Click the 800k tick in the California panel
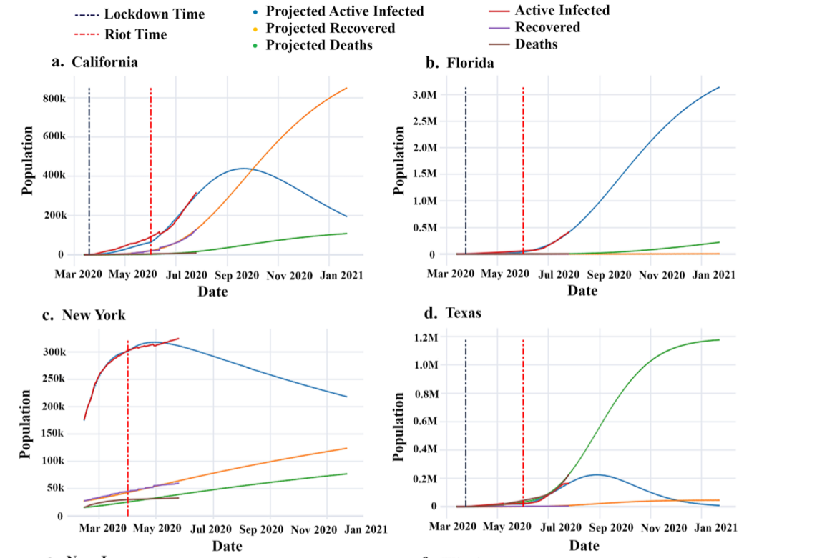pos(57,98)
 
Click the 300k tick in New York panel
pos(57,352)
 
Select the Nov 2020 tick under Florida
pos(654,274)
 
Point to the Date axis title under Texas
pos(584,546)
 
